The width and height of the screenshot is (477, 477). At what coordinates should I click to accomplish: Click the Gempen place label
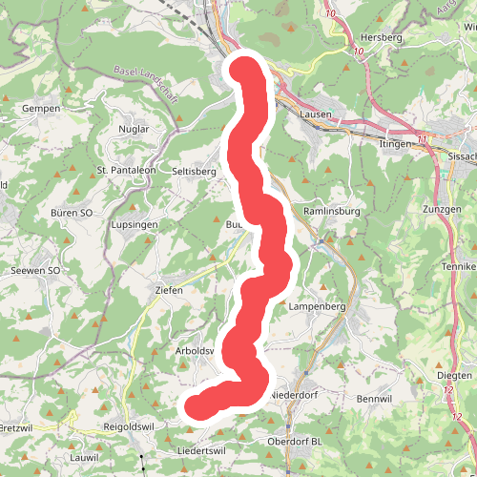[41, 109]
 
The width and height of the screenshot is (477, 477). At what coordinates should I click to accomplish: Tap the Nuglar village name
[137, 128]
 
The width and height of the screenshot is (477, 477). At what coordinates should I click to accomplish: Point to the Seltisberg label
[194, 171]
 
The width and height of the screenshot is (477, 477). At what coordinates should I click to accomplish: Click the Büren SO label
[73, 213]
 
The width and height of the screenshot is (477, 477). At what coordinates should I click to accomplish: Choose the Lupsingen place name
[133, 225]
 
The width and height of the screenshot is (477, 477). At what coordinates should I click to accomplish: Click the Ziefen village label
[169, 290]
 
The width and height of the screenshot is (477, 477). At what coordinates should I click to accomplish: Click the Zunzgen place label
[442, 207]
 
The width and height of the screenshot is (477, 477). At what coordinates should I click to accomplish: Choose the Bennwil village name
[374, 397]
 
